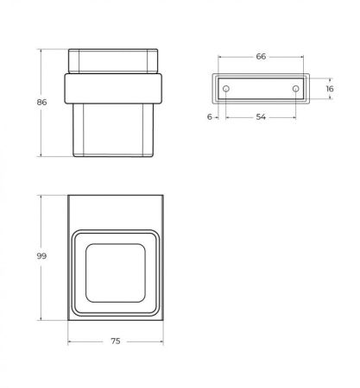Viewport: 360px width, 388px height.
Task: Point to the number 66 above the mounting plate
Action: (260, 56)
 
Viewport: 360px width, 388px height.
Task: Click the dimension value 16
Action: (329, 89)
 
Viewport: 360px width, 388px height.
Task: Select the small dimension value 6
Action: (210, 116)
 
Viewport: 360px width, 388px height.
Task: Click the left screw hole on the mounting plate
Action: (225, 89)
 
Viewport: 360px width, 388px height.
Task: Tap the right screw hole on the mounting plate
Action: (295, 89)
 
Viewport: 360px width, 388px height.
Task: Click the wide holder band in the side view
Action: (115, 90)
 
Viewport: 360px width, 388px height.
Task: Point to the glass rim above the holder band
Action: (115, 63)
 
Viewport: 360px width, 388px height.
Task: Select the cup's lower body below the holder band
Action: (115, 129)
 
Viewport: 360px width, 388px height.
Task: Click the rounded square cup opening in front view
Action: (116, 270)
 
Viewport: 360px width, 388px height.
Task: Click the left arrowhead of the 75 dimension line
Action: (70, 341)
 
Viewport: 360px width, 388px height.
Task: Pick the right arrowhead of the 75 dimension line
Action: (161, 341)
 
